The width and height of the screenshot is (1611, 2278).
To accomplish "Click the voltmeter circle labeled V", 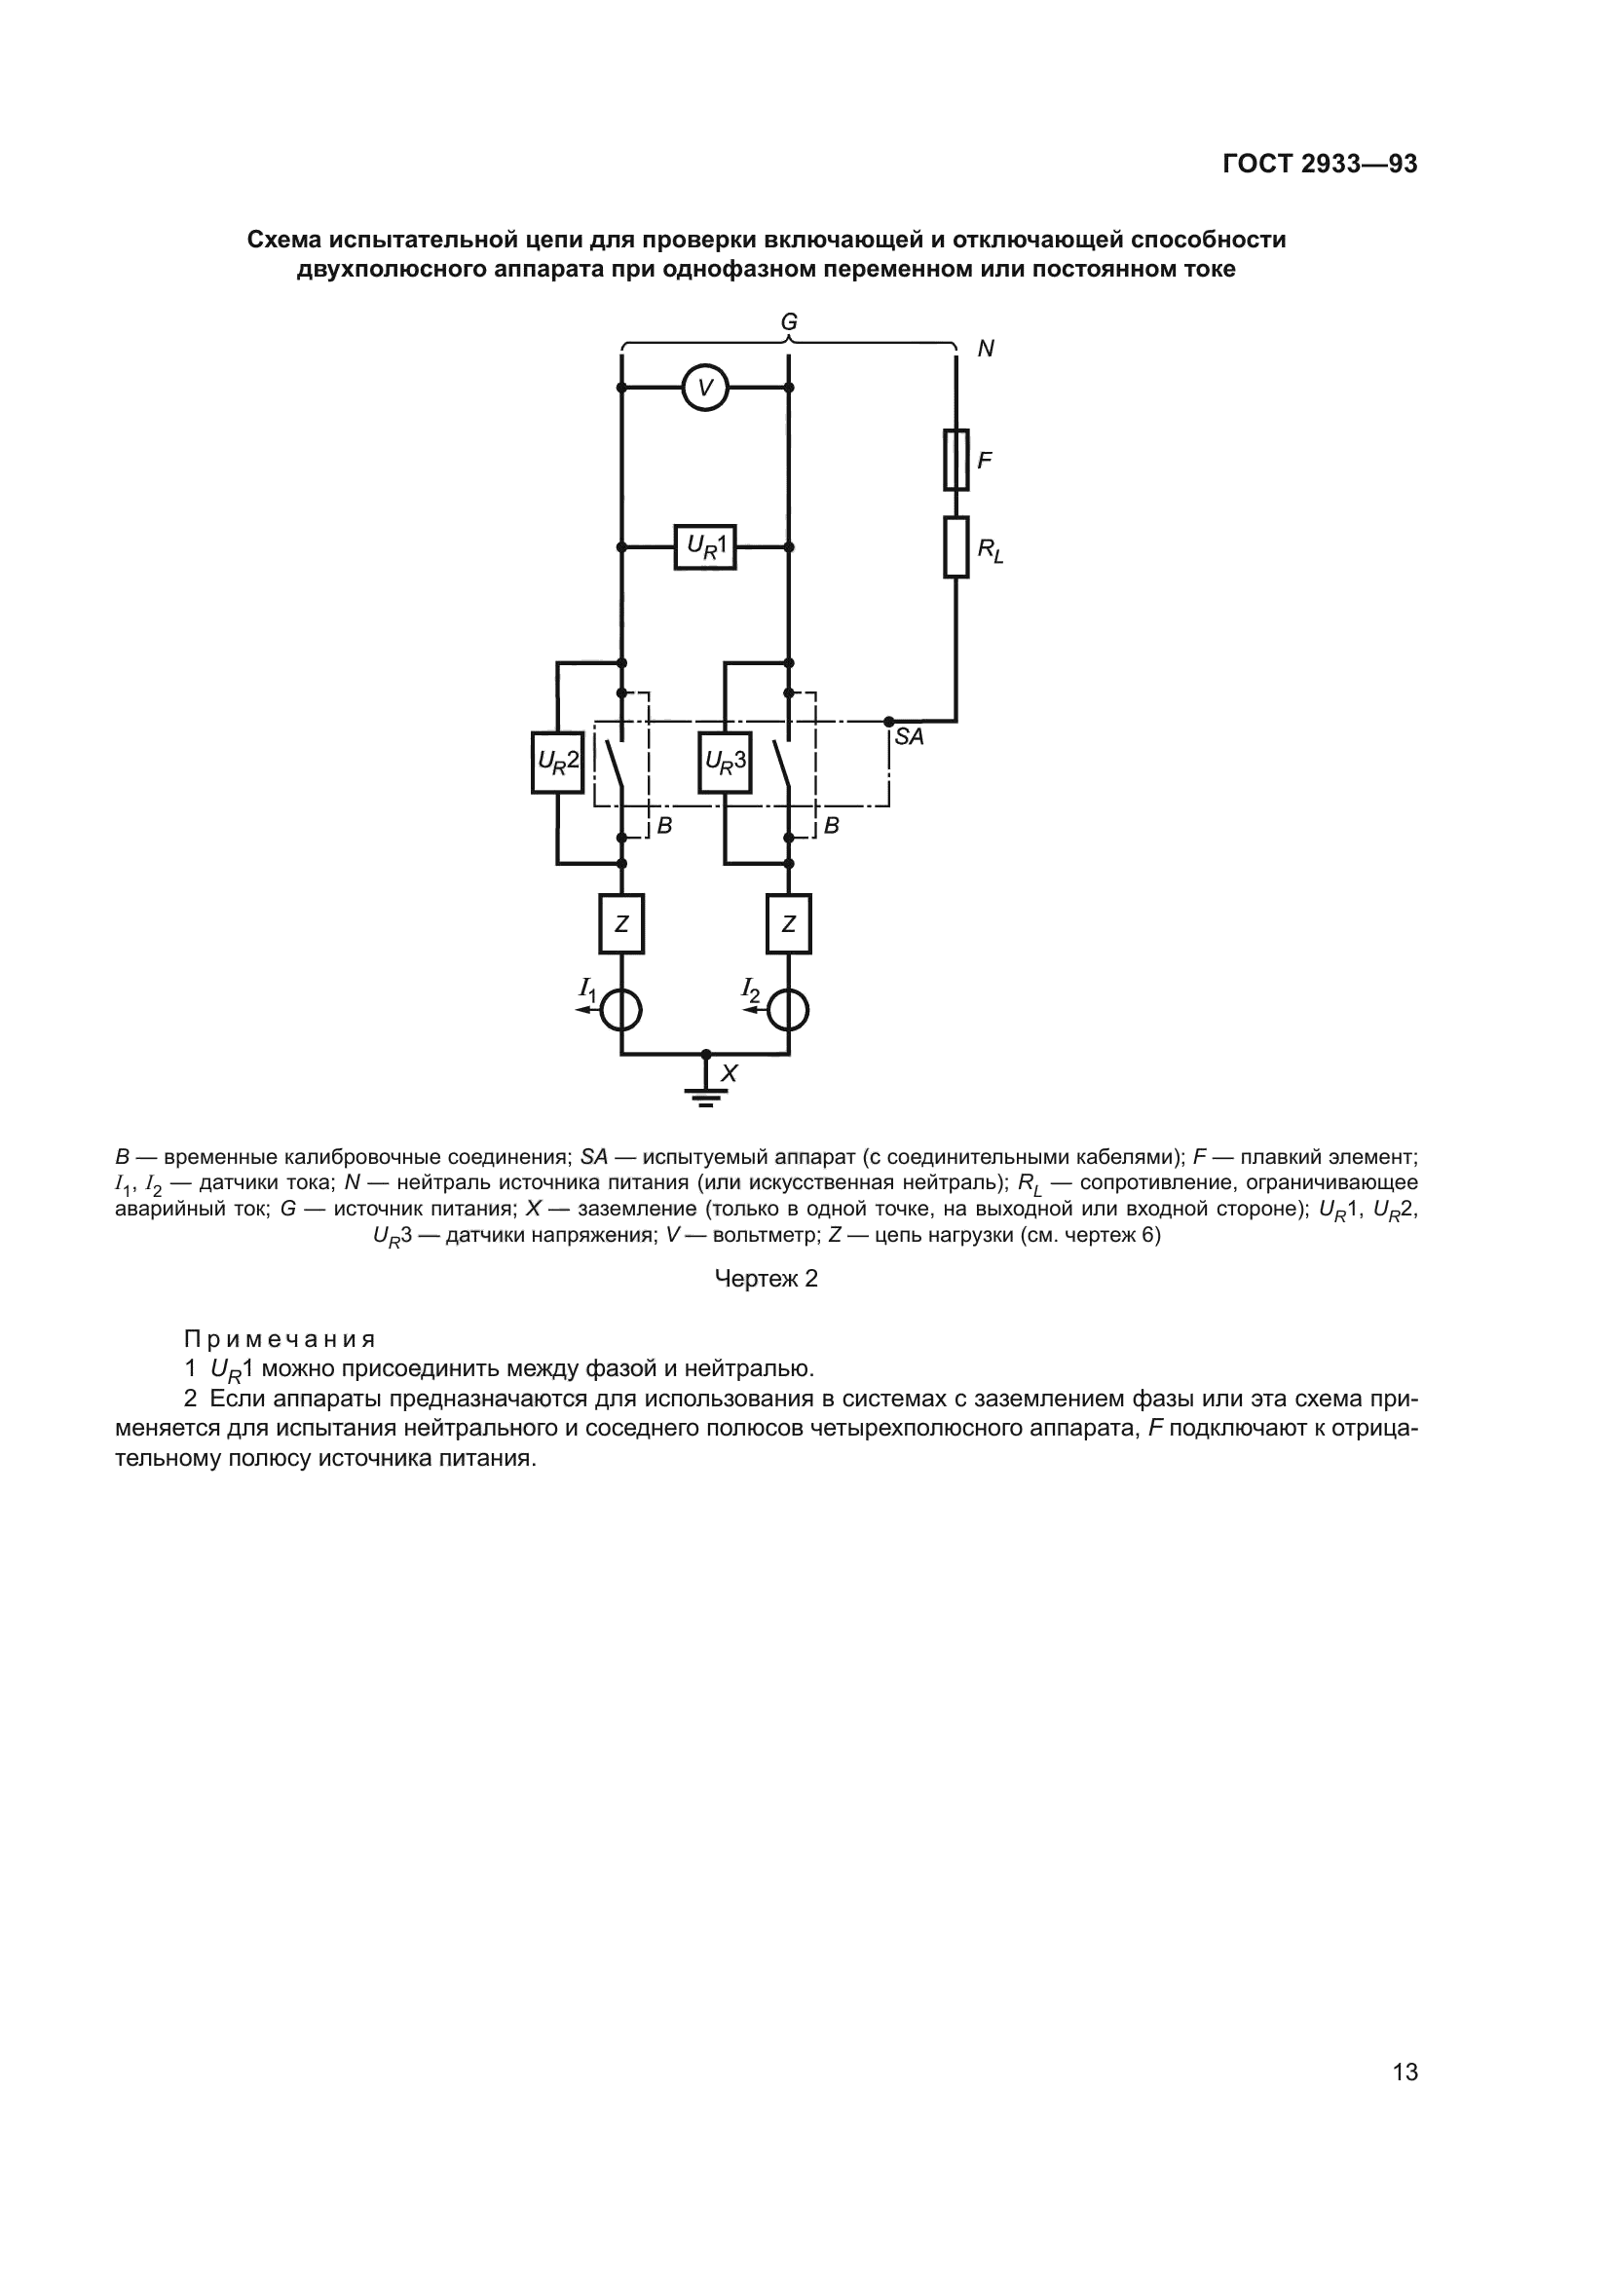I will point(705,388).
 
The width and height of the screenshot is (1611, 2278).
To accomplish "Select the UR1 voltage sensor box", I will point(705,546).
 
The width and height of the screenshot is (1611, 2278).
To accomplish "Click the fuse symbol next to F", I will point(955,461).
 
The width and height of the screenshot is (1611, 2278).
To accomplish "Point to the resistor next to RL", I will point(955,546).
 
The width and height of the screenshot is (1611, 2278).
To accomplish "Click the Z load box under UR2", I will point(621,923).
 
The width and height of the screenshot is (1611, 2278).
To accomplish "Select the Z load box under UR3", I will point(789,923).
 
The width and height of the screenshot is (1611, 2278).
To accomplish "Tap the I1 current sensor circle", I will point(621,1010).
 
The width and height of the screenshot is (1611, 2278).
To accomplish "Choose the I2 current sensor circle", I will point(789,1010).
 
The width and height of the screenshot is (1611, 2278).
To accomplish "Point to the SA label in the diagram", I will point(909,737).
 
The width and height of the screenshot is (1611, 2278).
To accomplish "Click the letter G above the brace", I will point(789,322).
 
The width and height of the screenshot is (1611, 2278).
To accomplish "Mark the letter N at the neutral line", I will point(985,350).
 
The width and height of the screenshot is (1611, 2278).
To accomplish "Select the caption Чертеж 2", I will point(766,1279).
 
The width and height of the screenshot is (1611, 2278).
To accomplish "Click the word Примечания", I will point(280,1339).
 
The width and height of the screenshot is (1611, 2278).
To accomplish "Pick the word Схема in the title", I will point(283,241).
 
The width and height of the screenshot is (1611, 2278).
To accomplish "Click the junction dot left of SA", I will point(889,722).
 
